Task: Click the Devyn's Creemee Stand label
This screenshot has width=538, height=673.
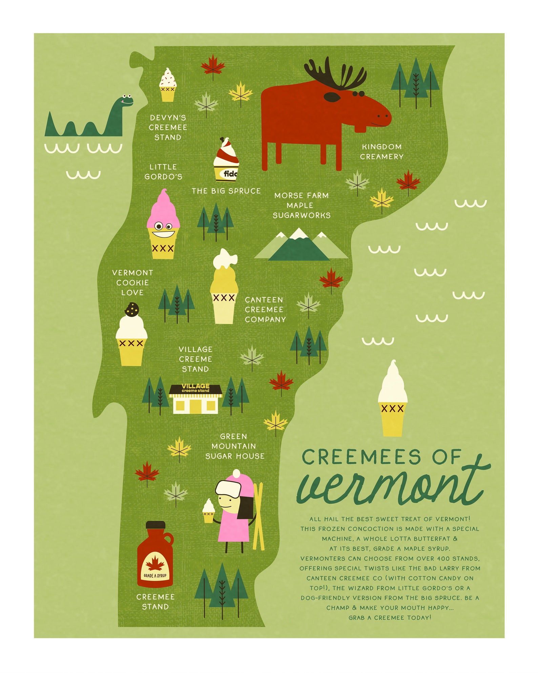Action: pos(168,128)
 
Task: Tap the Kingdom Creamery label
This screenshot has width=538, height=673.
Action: pos(381,152)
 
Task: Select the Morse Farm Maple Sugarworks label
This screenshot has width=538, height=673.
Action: pos(301,206)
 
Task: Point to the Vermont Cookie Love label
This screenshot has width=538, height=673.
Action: pos(132,283)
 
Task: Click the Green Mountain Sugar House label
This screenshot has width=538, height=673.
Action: pos(234,446)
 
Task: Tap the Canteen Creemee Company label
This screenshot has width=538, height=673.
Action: pos(265,310)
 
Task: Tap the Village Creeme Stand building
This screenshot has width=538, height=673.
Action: pos(195,400)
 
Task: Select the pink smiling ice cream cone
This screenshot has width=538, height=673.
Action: pos(163,225)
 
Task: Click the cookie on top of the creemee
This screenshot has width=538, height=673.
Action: pos(132,310)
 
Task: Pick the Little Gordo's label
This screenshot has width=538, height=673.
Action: pos(163,172)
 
